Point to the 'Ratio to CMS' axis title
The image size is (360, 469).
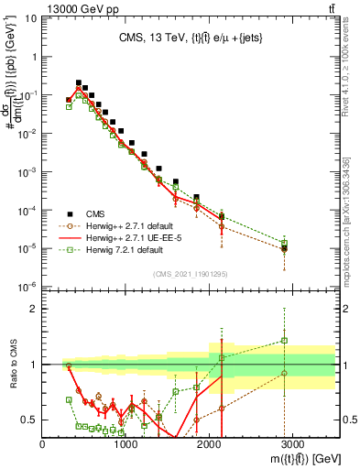point(13,365)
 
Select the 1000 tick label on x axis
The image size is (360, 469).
point(126,443)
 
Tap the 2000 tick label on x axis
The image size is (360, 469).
point(210,443)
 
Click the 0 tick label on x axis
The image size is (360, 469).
point(43,443)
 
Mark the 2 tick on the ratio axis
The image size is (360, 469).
point(35,309)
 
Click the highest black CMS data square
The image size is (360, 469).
point(79,82)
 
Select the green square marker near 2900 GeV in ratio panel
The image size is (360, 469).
point(285,341)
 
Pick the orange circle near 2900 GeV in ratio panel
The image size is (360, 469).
point(285,373)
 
